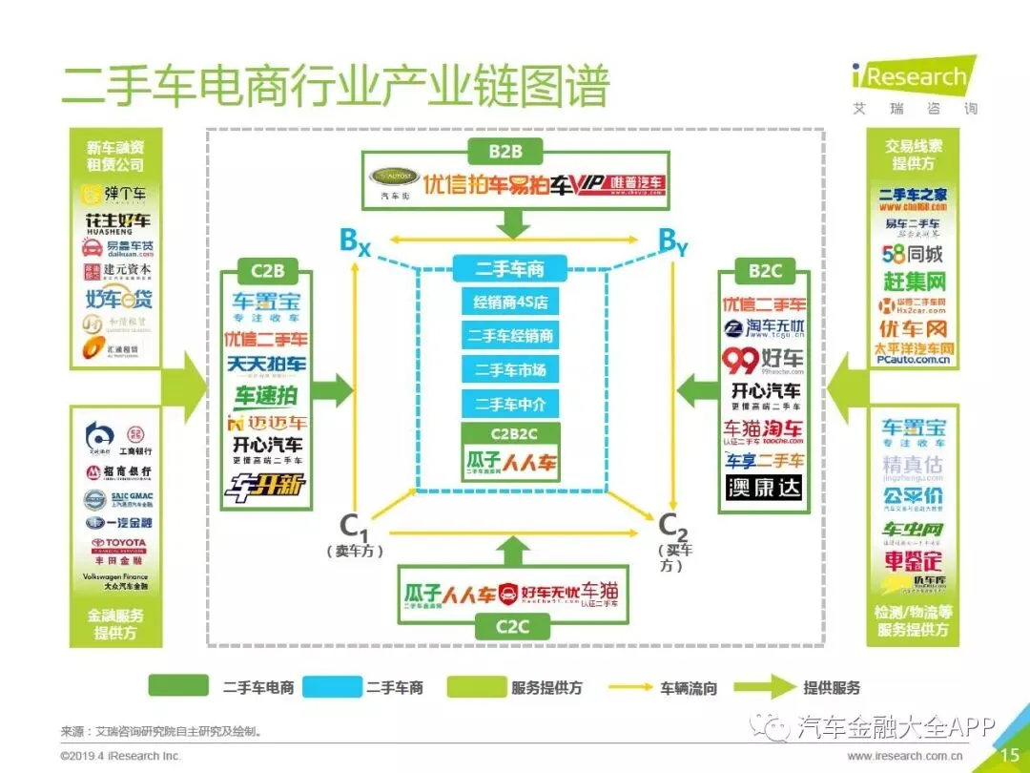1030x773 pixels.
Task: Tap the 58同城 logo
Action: [913, 255]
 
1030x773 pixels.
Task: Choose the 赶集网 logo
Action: [913, 282]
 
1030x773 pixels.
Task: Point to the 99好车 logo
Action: [763, 360]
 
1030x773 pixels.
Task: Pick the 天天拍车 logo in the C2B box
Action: [266, 365]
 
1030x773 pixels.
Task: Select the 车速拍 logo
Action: [266, 395]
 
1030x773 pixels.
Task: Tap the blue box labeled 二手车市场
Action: [510, 370]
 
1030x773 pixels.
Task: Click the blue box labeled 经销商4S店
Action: [510, 303]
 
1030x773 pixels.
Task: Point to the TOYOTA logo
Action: [119, 544]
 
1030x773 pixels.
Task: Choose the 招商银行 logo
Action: [119, 472]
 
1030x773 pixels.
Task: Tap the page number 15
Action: [1009, 754]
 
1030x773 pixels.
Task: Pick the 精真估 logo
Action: [913, 465]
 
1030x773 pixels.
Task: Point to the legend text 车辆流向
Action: [688, 687]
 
